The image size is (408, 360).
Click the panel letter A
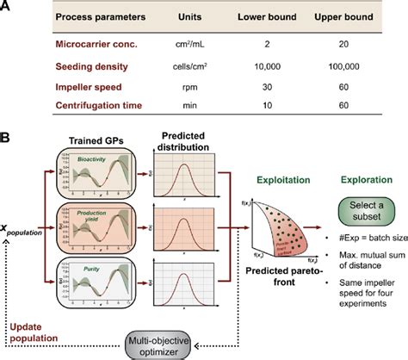(x=8, y=8)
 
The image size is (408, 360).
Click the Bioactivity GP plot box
(x=92, y=172)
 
